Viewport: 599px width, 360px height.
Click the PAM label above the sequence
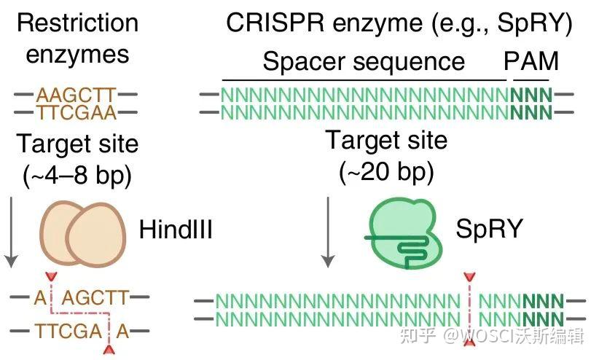(531, 61)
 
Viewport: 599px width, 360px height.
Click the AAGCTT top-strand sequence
(76, 95)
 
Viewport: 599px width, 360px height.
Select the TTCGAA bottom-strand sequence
(76, 113)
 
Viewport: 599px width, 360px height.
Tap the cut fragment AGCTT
(95, 297)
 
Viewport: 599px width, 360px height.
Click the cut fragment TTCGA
(68, 331)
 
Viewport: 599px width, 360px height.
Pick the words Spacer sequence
(364, 61)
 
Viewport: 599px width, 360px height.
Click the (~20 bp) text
(387, 172)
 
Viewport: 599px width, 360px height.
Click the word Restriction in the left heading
(77, 23)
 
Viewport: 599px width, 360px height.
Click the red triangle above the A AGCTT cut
(50, 278)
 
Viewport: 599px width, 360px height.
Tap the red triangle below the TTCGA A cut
(109, 351)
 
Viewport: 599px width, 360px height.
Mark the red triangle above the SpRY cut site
(469, 278)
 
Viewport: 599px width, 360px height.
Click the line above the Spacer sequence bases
(364, 79)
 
